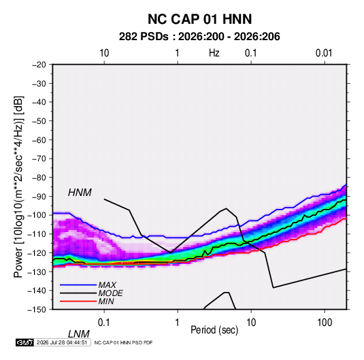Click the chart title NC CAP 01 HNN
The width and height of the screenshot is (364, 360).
tap(199, 19)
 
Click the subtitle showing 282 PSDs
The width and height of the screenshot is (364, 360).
tap(199, 37)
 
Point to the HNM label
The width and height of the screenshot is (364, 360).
tap(80, 193)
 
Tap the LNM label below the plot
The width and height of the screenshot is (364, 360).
tap(79, 334)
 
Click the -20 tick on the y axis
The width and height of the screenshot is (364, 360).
tap(39, 65)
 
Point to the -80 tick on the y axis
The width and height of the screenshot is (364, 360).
tap(39, 178)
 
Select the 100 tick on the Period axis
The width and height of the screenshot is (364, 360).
tap(325, 323)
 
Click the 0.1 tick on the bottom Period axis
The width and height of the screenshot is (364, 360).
tap(104, 323)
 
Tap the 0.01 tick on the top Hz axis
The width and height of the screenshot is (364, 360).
tap(324, 53)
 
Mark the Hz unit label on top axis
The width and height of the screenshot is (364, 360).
tap(214, 53)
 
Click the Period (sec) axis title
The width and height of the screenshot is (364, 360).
tap(214, 330)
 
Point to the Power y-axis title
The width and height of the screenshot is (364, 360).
tap(18, 186)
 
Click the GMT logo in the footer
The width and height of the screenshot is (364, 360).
tap(25, 342)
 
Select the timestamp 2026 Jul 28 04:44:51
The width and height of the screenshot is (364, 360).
tap(62, 342)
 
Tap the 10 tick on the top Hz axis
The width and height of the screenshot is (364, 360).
tap(104, 53)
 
